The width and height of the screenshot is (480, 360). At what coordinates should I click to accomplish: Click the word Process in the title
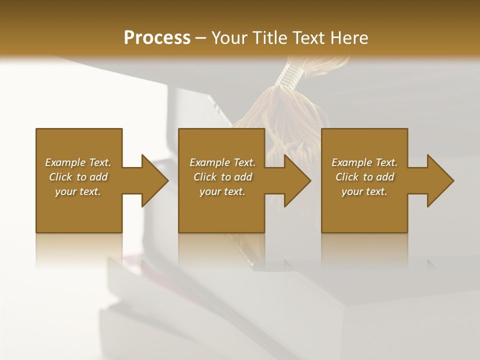157,38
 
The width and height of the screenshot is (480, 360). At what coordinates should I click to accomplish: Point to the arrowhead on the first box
154,180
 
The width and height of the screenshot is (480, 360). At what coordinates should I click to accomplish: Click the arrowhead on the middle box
297,180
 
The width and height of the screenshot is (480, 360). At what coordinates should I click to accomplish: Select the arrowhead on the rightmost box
440,180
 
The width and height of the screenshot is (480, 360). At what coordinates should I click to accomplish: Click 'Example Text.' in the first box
78,162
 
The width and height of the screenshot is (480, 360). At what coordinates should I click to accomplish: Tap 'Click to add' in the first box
78,177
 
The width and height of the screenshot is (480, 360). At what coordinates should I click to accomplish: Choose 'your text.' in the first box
78,191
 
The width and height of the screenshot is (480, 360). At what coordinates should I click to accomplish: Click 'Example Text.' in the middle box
222,162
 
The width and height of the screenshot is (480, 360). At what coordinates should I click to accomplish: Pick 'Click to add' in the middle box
222,177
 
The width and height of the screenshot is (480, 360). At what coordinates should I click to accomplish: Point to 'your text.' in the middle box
222,191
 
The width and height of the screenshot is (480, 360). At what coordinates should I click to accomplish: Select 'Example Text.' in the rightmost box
364,162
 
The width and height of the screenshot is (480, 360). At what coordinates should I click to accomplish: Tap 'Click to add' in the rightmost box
364,177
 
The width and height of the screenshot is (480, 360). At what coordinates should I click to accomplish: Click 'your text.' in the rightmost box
364,191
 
